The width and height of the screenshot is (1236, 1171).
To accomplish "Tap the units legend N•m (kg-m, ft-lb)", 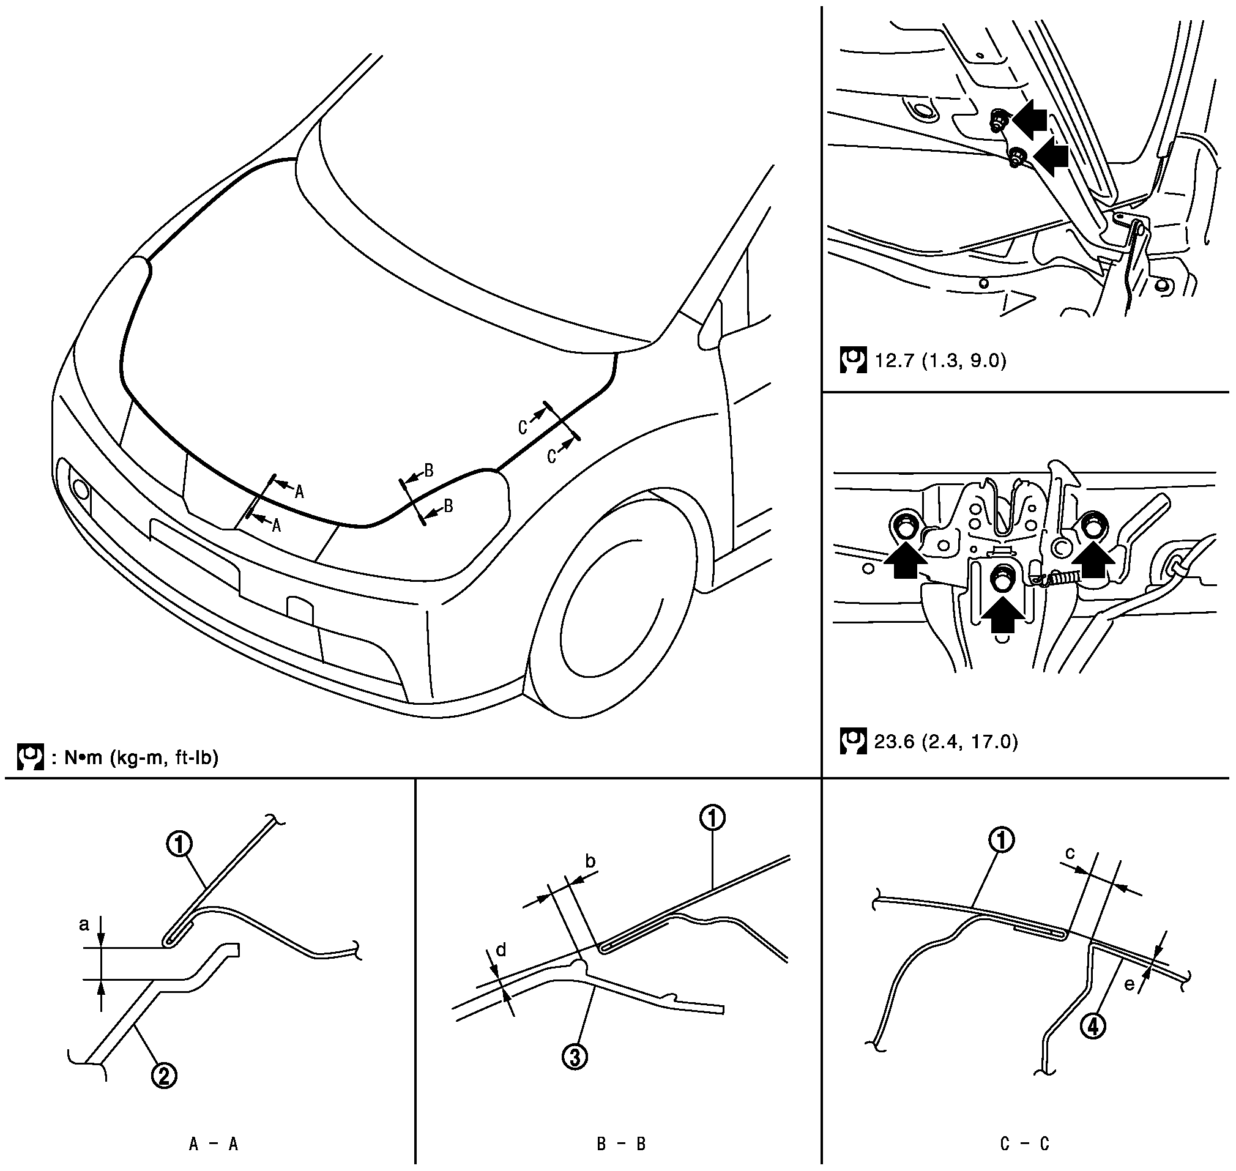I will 133,758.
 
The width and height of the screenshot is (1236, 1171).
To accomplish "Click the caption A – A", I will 214,1143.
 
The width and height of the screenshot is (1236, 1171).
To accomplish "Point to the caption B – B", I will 620,1143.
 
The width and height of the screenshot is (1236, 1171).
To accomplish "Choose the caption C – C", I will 1024,1143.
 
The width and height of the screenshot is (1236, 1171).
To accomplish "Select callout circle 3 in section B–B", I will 575,1057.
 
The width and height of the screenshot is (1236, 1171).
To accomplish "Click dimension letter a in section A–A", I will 84,924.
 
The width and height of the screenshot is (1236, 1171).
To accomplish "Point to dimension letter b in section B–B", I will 590,862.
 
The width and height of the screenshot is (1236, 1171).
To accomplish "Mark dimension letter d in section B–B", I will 500,951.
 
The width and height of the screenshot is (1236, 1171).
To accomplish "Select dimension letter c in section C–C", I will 1070,871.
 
